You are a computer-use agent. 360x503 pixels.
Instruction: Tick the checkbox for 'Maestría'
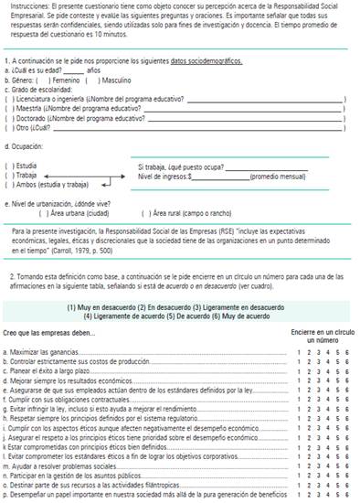click(8, 107)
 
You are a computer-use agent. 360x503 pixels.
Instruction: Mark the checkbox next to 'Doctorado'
click(8, 118)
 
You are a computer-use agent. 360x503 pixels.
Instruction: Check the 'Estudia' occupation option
click(8, 166)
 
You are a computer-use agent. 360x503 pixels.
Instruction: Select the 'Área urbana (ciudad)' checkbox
click(31, 212)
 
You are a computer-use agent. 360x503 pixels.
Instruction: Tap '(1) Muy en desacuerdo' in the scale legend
click(104, 306)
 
